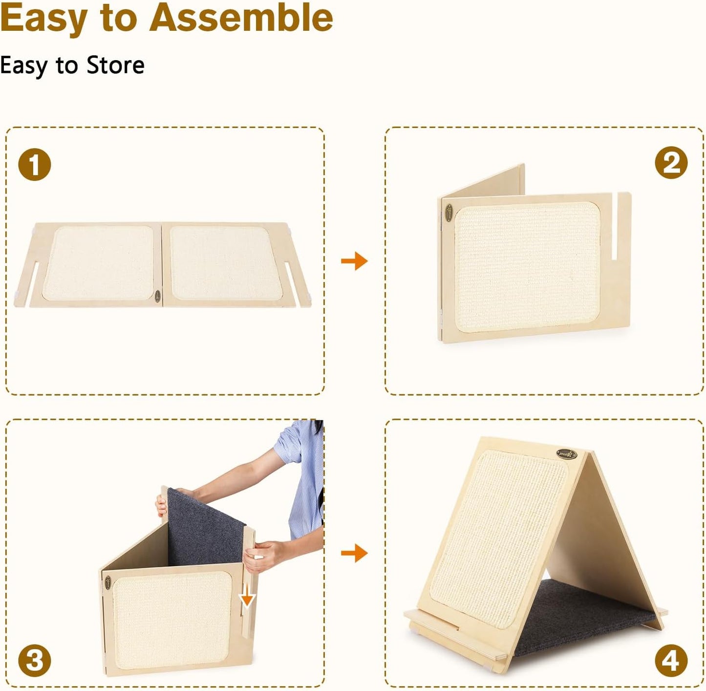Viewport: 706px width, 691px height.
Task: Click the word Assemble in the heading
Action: tap(241, 18)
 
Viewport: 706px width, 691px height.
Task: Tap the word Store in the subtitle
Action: tap(115, 65)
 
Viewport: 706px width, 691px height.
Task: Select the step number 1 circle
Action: tap(35, 164)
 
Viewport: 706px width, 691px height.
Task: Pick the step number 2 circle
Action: tap(671, 163)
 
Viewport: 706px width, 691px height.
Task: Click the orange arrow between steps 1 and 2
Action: tap(354, 260)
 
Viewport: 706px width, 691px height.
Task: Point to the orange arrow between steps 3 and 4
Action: tap(354, 553)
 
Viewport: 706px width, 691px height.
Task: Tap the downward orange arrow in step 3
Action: tap(247, 594)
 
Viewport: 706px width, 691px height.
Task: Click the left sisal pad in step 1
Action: tap(98, 263)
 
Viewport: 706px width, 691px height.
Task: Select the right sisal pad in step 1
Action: tap(226, 263)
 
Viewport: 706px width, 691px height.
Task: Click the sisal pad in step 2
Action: tap(527, 267)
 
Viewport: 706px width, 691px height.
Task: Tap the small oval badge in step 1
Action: tap(157, 296)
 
